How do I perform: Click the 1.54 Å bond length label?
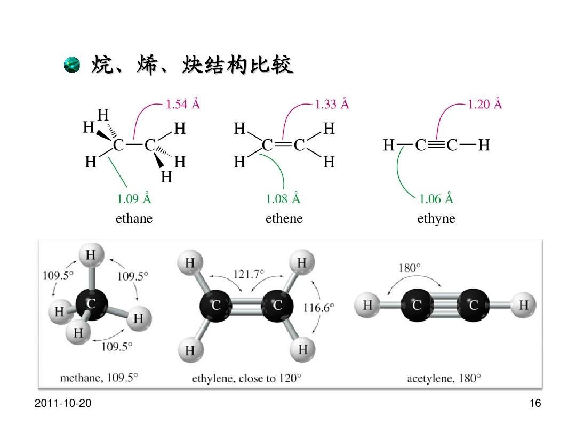click(183, 104)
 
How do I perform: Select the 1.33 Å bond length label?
click(332, 104)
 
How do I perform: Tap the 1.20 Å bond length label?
click(485, 104)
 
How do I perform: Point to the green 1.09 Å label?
click(134, 199)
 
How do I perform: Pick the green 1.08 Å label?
click(283, 199)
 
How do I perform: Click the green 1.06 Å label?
click(436, 199)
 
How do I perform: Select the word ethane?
click(134, 219)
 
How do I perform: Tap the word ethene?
click(284, 219)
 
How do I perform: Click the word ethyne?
click(436, 219)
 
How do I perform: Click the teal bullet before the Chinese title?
click(71, 65)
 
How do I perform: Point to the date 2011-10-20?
click(63, 403)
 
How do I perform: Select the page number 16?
click(535, 403)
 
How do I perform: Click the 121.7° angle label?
click(249, 275)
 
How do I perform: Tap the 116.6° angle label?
click(319, 308)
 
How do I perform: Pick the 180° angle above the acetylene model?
click(410, 268)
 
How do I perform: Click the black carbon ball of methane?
click(92, 305)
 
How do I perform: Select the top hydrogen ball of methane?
click(92, 254)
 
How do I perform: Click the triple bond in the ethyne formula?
click(436, 145)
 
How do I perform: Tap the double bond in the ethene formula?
click(284, 145)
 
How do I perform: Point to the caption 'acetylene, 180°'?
click(444, 378)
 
